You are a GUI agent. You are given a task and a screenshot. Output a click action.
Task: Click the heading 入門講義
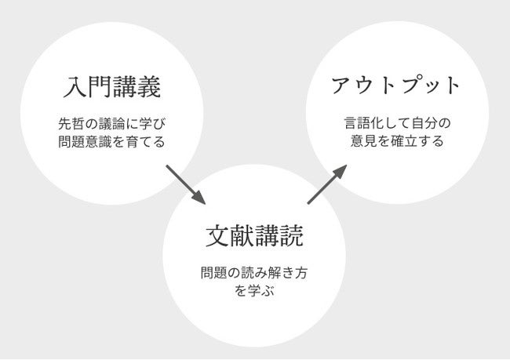tap(111, 87)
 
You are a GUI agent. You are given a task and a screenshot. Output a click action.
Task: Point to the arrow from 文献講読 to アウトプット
tap(327, 184)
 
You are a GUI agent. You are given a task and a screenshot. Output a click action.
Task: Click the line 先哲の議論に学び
tap(111, 124)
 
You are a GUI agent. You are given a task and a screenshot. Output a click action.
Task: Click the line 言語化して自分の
tap(395, 124)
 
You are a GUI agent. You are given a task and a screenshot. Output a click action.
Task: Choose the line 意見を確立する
tap(395, 142)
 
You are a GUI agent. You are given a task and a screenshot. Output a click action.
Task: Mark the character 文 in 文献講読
tap(217, 235)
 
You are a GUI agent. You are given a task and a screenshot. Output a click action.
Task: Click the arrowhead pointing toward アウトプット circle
tap(342, 169)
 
